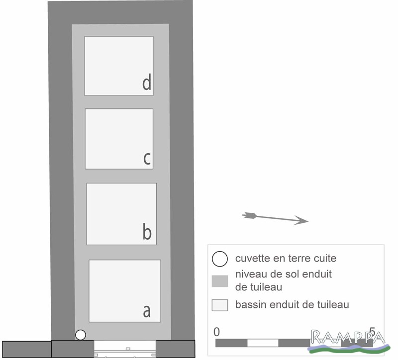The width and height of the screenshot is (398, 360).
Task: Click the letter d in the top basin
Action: coord(147,82)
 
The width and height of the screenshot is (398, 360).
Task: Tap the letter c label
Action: coord(147,158)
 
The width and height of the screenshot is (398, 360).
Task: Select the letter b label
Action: coord(147,231)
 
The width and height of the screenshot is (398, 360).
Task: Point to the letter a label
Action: coord(147,311)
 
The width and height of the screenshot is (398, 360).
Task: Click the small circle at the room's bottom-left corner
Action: coord(81,335)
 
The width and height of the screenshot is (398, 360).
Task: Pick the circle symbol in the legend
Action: coord(220,259)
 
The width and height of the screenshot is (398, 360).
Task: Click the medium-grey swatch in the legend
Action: coord(220,281)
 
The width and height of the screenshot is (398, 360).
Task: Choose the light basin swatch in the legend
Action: coord(220,305)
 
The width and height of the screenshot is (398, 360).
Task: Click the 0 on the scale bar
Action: coord(216,332)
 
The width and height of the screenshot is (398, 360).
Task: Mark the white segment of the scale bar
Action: coord(263,343)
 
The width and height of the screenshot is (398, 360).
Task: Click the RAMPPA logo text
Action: coord(348,338)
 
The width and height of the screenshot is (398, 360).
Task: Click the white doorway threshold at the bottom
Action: coord(125,349)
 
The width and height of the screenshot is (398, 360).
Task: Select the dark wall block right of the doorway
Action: coord(176,349)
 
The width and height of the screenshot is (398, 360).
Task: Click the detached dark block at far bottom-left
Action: coord(27,350)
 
